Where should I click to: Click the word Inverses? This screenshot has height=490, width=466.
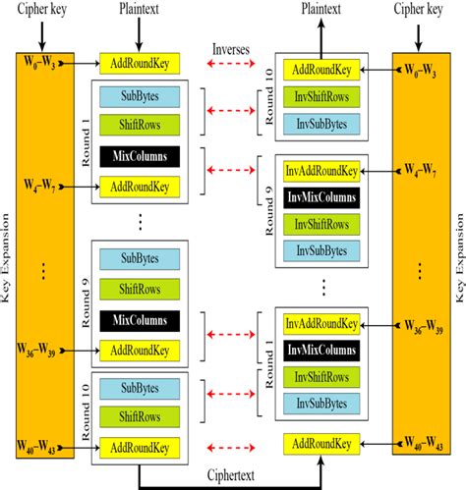click(236, 47)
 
